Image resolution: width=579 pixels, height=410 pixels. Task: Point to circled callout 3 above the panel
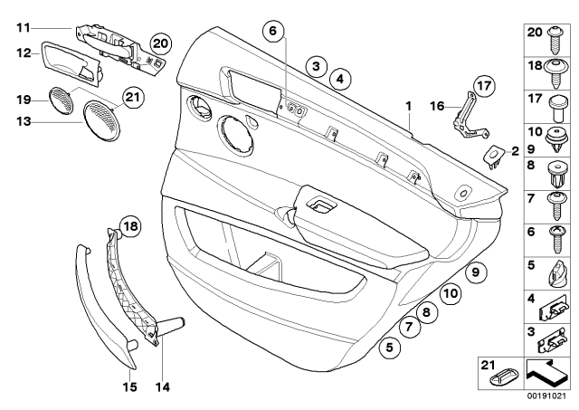pos(315,65)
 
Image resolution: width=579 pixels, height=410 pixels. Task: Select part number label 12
pos(24,55)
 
